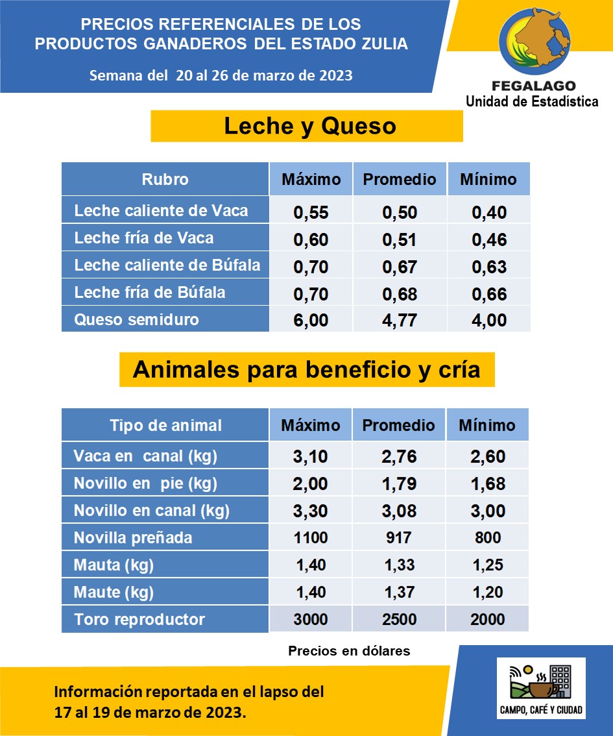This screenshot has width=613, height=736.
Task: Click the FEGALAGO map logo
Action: click(x=532, y=43)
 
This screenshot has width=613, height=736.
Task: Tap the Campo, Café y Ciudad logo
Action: click(x=541, y=687)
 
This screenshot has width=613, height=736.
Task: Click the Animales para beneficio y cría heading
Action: click(x=307, y=369)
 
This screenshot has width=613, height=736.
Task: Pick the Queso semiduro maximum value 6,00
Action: click(x=311, y=320)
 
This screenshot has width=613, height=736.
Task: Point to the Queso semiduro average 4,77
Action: click(x=400, y=320)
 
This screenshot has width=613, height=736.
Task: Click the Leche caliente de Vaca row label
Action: click(x=161, y=211)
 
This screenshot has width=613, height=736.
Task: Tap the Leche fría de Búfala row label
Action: click(x=150, y=293)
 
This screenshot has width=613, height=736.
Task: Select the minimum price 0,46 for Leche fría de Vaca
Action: click(x=488, y=240)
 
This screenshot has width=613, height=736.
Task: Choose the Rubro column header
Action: click(x=165, y=179)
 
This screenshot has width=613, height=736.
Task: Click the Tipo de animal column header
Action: click(x=165, y=425)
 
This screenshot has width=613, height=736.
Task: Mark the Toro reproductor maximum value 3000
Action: click(x=311, y=619)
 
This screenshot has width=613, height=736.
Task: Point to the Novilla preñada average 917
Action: click(x=399, y=537)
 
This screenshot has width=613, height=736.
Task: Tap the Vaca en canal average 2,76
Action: click(x=399, y=456)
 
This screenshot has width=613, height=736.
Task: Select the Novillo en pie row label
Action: click(x=145, y=484)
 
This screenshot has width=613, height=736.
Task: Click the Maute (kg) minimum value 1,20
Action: click(x=488, y=592)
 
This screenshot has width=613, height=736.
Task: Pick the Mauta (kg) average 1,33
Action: click(x=399, y=565)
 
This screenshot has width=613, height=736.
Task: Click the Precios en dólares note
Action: click(x=349, y=650)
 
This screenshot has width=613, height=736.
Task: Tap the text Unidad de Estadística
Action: click(x=532, y=101)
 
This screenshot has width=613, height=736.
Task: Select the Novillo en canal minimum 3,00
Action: click(x=488, y=511)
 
